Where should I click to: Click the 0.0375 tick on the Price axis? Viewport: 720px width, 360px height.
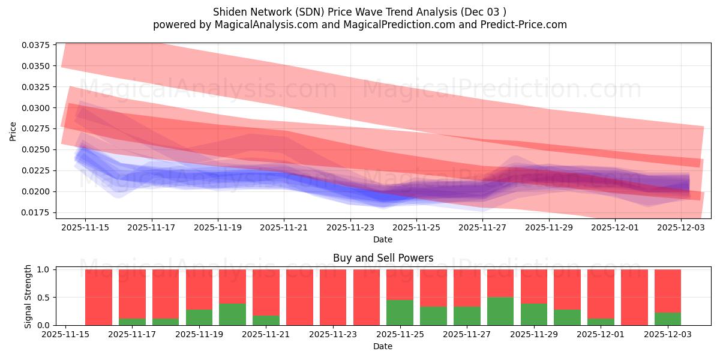click(38, 45)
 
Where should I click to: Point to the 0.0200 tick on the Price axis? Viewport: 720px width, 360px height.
click(38, 191)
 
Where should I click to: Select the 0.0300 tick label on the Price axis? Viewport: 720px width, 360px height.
click(38, 108)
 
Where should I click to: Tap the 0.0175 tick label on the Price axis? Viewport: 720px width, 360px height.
click(38, 212)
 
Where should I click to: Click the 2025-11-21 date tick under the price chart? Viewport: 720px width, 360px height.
click(284, 227)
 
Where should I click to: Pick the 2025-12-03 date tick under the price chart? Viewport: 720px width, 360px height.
click(681, 227)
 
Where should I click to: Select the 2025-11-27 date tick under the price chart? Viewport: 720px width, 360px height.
click(482, 227)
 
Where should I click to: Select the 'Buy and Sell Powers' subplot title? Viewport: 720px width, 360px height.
click(383, 259)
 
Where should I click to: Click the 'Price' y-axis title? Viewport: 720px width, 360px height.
click(13, 131)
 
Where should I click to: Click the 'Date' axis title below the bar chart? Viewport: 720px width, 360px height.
click(383, 346)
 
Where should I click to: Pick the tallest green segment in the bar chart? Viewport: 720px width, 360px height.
click(500, 311)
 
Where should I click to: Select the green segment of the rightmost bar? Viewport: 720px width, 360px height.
click(667, 319)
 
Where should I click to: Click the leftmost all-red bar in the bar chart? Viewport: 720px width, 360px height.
click(98, 297)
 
